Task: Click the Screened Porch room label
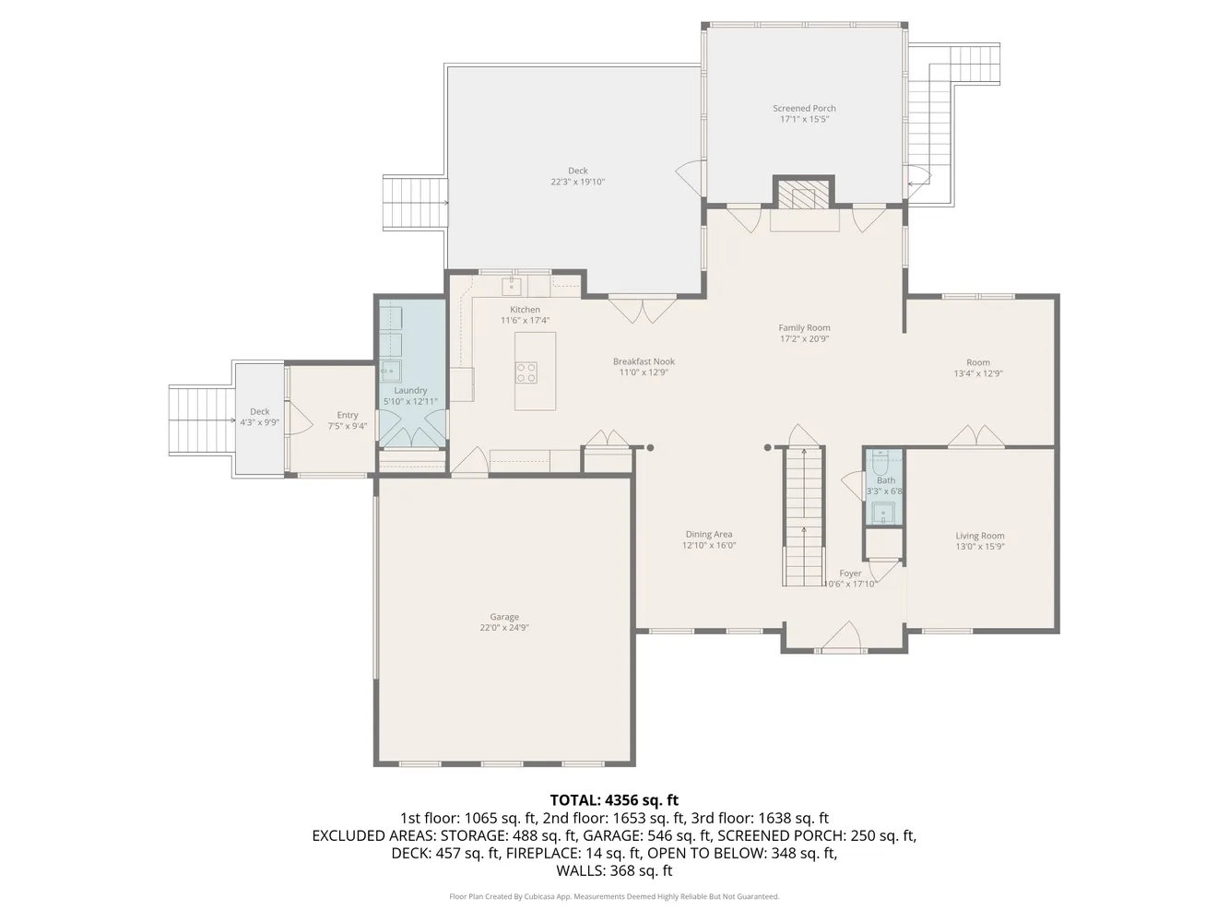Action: pyautogui.click(x=804, y=108)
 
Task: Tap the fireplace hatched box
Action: pyautogui.click(x=804, y=194)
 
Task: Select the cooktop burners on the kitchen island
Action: pyautogui.click(x=526, y=372)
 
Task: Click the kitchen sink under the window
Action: pyautogui.click(x=511, y=286)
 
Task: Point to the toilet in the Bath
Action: pyautogui.click(x=880, y=463)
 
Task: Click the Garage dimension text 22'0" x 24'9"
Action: pyautogui.click(x=504, y=628)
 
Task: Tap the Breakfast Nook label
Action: pyautogui.click(x=644, y=361)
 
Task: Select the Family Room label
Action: pyautogui.click(x=804, y=327)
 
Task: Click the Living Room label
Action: pyautogui.click(x=979, y=536)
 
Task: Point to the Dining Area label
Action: pyautogui.click(x=708, y=534)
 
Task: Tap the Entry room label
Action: pyautogui.click(x=348, y=415)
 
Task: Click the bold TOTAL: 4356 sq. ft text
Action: pyautogui.click(x=614, y=799)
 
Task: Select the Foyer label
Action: pyautogui.click(x=850, y=573)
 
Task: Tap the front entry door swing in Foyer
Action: pyautogui.click(x=842, y=635)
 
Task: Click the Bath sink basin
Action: pyautogui.click(x=883, y=513)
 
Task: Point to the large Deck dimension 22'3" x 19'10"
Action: pyautogui.click(x=578, y=182)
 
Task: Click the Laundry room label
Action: pyautogui.click(x=410, y=391)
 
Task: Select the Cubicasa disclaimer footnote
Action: pyautogui.click(x=614, y=896)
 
